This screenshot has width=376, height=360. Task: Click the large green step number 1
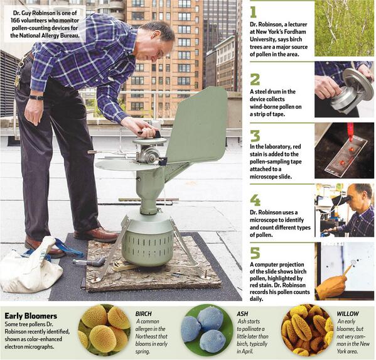(x=253, y=12)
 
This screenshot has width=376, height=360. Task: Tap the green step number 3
(x=255, y=136)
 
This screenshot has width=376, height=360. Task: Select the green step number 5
(x=255, y=253)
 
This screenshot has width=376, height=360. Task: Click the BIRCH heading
(x=143, y=314)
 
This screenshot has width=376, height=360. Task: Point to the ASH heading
(x=242, y=314)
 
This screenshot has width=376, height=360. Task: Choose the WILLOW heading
(x=348, y=314)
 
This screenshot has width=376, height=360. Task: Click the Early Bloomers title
(x=31, y=316)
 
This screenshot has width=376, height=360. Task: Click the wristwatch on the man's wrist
(x=36, y=97)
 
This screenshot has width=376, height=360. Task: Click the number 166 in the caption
(x=15, y=20)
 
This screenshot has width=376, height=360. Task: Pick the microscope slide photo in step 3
(x=344, y=151)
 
